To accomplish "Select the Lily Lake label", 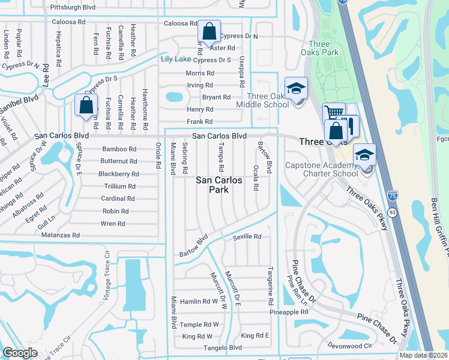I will pyautogui.click(x=175, y=59).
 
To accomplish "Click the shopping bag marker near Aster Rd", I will pyautogui.click(x=208, y=32).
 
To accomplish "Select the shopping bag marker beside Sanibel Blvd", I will pyautogui.click(x=86, y=106).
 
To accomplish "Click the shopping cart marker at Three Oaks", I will pyautogui.click(x=334, y=114).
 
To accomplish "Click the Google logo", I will pyautogui.click(x=20, y=353).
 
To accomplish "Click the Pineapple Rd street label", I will pyautogui.click(x=288, y=313).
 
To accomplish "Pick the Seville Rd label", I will pyautogui.click(x=247, y=237).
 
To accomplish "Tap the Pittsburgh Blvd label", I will pyautogui.click(x=74, y=7).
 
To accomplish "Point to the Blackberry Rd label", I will pyautogui.click(x=118, y=174).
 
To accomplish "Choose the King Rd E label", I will pyautogui.click(x=255, y=335).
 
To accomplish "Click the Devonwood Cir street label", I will pyautogui.click(x=351, y=346).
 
